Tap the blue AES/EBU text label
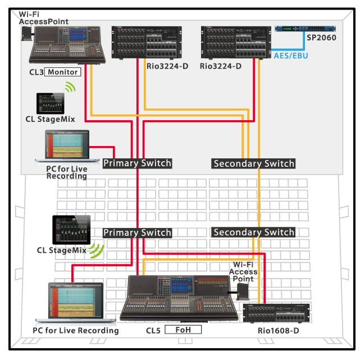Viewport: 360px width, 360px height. point(291,56)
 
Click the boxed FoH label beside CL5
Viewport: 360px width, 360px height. point(183,330)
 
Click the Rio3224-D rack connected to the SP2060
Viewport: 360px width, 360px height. point(236,42)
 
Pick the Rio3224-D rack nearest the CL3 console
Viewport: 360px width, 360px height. point(146,42)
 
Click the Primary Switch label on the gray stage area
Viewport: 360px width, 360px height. point(136,163)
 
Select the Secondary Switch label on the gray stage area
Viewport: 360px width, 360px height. point(253,163)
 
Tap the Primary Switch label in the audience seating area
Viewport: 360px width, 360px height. point(136,233)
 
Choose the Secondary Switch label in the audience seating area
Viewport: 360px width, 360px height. point(253,233)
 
